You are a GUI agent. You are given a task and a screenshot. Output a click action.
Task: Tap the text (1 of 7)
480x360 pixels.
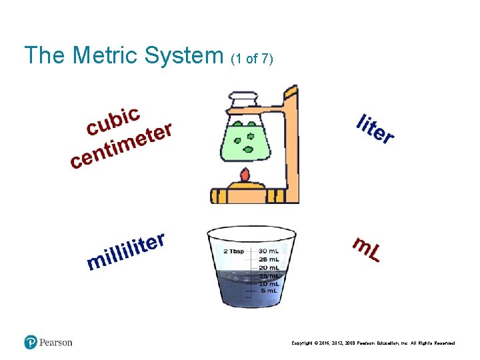pos(251,59)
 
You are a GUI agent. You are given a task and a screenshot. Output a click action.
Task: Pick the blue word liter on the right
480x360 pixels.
pos(375,129)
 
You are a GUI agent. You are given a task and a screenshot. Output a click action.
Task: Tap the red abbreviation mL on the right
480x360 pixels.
pos(366,249)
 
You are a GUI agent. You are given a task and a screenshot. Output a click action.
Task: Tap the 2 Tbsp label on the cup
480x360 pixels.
pos(233,251)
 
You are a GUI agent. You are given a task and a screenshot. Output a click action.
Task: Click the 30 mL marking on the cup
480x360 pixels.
pos(269,251)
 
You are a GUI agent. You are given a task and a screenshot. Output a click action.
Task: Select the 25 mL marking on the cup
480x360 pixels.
pos(269,259)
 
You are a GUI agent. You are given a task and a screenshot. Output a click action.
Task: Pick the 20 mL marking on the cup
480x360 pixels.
pos(269,267)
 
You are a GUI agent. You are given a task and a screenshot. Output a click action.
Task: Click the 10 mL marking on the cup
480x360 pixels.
pos(269,283)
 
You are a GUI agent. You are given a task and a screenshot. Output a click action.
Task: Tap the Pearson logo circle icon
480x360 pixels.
pos(31,342)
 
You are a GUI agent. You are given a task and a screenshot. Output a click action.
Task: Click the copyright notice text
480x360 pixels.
pos(373,343)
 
